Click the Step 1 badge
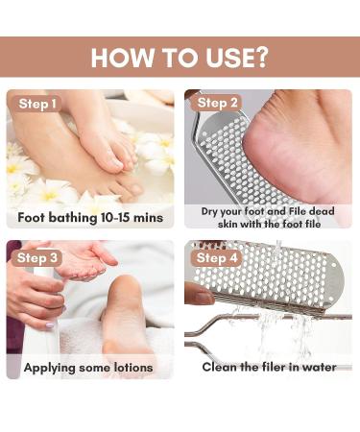[x=37, y=104]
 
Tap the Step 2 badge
[x=218, y=104]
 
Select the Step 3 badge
[x=38, y=257]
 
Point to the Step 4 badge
[x=218, y=257]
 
